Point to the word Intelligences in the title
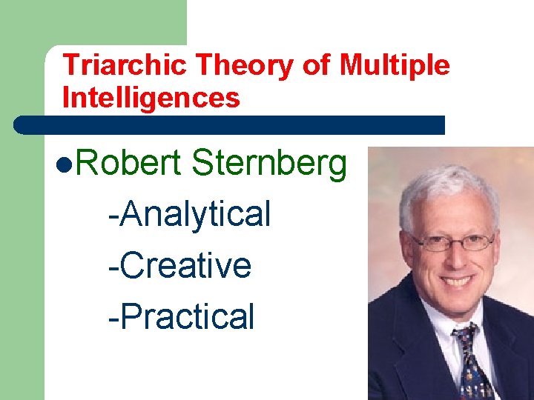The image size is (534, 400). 151,98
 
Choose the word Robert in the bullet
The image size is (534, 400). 128,164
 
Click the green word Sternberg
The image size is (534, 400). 269,164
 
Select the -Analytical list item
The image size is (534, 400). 190,214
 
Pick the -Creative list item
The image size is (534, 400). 179,265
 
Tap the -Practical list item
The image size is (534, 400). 181,316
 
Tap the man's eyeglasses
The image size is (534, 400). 453,241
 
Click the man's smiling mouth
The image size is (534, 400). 456,281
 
